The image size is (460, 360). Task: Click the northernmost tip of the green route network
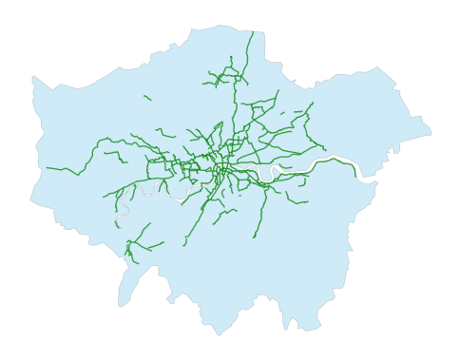(253, 32)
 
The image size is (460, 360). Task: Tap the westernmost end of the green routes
(47, 168)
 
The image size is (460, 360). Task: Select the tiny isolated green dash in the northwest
(147, 97)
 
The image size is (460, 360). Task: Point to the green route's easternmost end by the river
(356, 175)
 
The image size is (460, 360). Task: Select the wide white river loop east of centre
(277, 174)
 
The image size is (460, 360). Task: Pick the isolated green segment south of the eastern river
(297, 199)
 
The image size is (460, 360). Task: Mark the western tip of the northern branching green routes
(203, 84)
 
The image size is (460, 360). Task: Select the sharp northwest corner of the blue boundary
(33, 77)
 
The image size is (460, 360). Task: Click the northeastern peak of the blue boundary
(378, 67)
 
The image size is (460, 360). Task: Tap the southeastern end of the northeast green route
(325, 150)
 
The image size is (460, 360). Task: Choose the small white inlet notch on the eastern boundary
(393, 150)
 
